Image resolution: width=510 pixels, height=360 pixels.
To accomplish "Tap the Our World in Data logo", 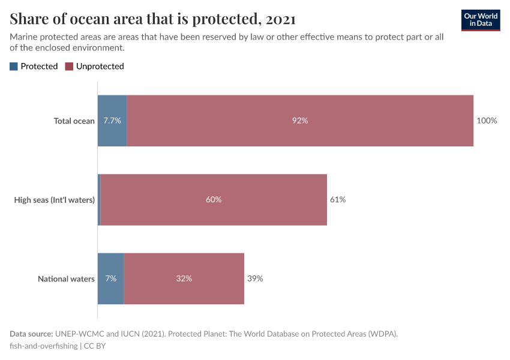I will point(481,20).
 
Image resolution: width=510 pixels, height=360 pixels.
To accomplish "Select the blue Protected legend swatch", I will point(14,67).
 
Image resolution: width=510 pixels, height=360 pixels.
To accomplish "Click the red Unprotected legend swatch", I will point(69,67).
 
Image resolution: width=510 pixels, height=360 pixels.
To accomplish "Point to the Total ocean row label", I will point(74,121).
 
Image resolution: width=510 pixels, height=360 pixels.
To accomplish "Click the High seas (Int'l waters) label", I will point(55,200).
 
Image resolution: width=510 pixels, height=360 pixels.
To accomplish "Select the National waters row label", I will point(66,278).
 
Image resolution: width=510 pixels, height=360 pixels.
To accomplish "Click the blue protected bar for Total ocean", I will point(112,121).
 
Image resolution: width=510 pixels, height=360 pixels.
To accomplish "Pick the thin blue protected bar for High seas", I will point(99,200).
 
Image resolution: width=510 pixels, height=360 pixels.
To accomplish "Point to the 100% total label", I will point(487,121).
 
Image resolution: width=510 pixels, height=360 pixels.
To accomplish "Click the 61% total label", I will point(338,200).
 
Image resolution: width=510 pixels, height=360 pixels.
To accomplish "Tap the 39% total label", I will point(255,278).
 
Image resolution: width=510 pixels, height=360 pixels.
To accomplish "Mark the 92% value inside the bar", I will point(300,121).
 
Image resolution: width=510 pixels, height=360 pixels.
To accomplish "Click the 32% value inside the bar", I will point(184,278).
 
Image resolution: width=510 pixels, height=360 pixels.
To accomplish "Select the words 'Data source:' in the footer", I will point(31,334).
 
